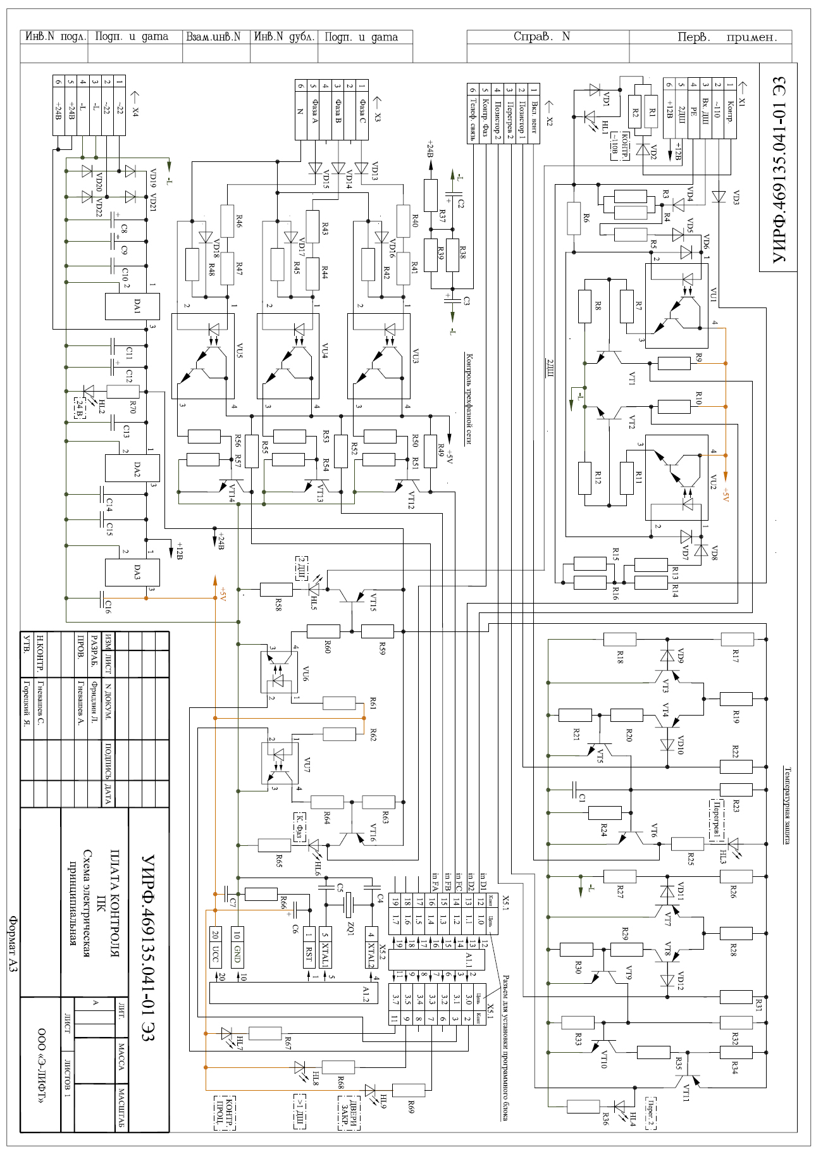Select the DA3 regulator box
click(132, 572)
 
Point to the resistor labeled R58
click(276, 590)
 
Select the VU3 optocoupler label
click(416, 352)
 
